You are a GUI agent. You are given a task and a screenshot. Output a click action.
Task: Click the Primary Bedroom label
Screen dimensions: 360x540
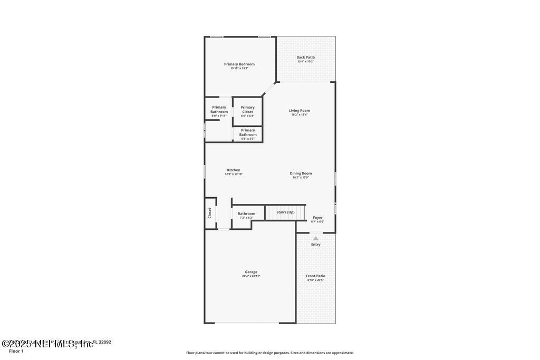click(x=239, y=64)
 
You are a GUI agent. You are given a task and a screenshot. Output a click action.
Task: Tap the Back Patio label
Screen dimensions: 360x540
click(x=305, y=57)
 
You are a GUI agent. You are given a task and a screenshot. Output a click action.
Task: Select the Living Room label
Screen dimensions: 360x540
click(x=300, y=111)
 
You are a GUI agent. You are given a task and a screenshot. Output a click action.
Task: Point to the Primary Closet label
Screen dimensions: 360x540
click(x=247, y=109)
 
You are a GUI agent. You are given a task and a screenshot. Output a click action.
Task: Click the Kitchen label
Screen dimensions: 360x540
click(x=234, y=170)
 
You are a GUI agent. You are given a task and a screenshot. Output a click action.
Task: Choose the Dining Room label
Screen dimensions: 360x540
click(x=301, y=173)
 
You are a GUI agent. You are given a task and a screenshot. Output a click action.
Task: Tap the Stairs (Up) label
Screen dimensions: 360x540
click(x=285, y=212)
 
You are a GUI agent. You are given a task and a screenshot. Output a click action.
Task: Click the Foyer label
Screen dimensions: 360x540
click(x=317, y=217)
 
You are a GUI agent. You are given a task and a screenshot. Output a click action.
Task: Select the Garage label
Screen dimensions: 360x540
click(x=251, y=272)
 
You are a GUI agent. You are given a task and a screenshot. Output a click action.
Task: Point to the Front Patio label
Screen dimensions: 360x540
click(x=316, y=276)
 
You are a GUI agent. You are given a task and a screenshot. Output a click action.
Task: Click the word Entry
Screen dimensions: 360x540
click(x=316, y=245)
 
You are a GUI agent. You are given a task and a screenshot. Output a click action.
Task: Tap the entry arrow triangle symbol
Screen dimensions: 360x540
click(x=316, y=238)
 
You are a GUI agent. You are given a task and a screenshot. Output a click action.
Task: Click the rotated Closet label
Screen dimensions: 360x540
click(x=209, y=213)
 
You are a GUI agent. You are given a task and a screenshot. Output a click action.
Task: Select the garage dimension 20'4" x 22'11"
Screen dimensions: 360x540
click(x=251, y=276)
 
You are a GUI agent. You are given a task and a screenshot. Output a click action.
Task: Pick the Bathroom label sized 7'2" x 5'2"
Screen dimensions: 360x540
click(x=246, y=213)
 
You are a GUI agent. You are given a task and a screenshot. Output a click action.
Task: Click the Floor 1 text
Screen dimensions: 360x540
click(x=16, y=351)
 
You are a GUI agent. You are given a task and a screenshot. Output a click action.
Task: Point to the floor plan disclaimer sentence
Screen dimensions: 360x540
click(x=269, y=353)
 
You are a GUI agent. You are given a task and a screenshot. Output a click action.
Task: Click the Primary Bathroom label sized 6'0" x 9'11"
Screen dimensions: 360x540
click(x=219, y=109)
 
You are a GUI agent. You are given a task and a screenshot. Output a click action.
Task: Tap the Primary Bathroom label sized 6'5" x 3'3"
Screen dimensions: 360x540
click(x=248, y=132)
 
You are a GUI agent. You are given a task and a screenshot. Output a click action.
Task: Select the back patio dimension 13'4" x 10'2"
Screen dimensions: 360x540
click(x=305, y=62)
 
